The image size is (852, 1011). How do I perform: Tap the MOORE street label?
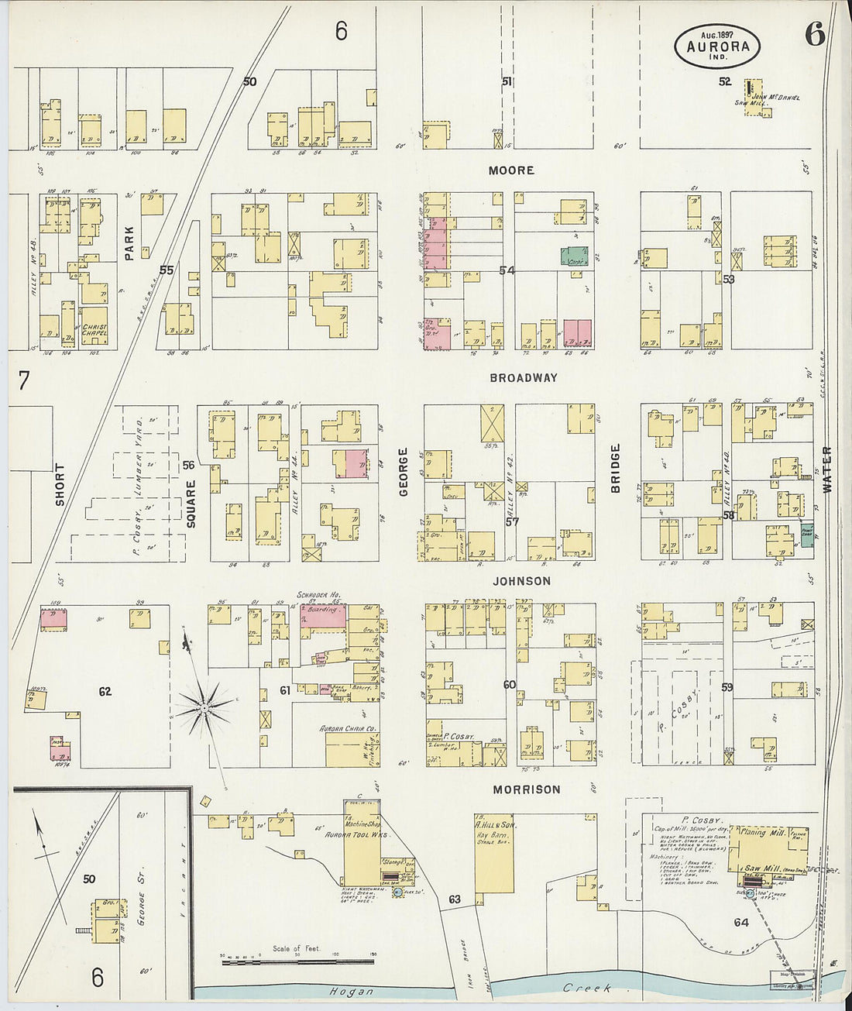click(511, 170)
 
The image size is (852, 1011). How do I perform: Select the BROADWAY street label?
click(524, 378)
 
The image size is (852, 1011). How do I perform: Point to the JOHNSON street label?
click(520, 581)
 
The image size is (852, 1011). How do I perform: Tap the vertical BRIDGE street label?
click(616, 469)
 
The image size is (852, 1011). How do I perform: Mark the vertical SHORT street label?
click(60, 485)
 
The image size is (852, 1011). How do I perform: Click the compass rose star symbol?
click(203, 706)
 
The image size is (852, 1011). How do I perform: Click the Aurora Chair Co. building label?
click(348, 729)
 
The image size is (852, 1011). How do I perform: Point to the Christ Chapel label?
click(94, 330)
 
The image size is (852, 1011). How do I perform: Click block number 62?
click(105, 691)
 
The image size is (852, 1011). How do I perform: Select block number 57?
click(512, 521)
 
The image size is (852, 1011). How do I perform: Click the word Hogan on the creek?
click(351, 991)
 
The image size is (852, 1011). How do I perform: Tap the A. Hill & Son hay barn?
click(493, 852)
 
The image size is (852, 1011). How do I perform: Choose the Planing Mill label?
click(763, 833)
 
